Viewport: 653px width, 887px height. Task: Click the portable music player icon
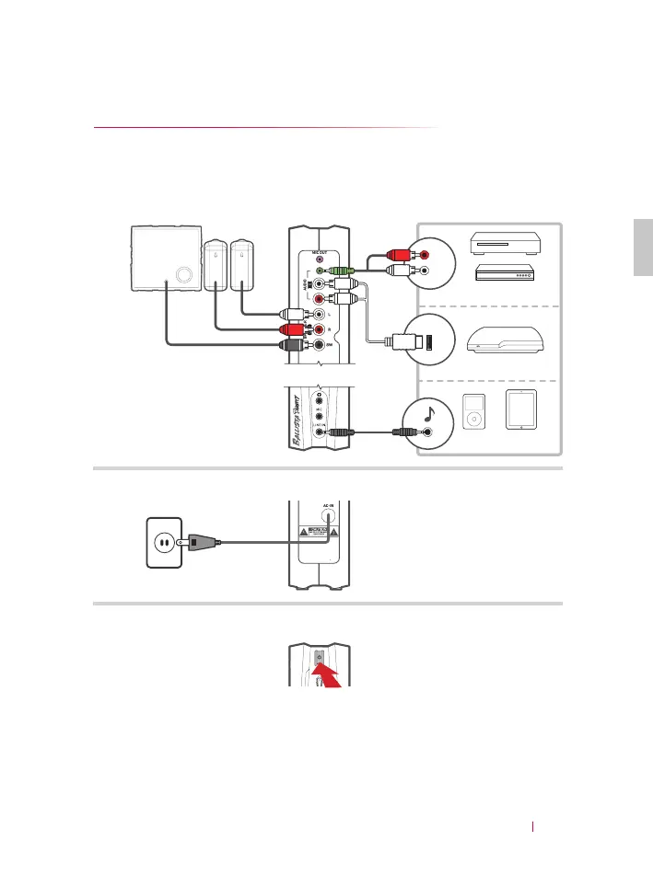pos(472,411)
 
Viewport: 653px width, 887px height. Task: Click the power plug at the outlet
pos(199,542)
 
